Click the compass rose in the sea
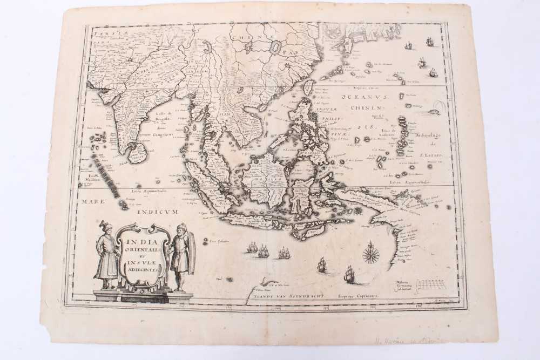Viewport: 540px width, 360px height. tap(370, 253)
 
